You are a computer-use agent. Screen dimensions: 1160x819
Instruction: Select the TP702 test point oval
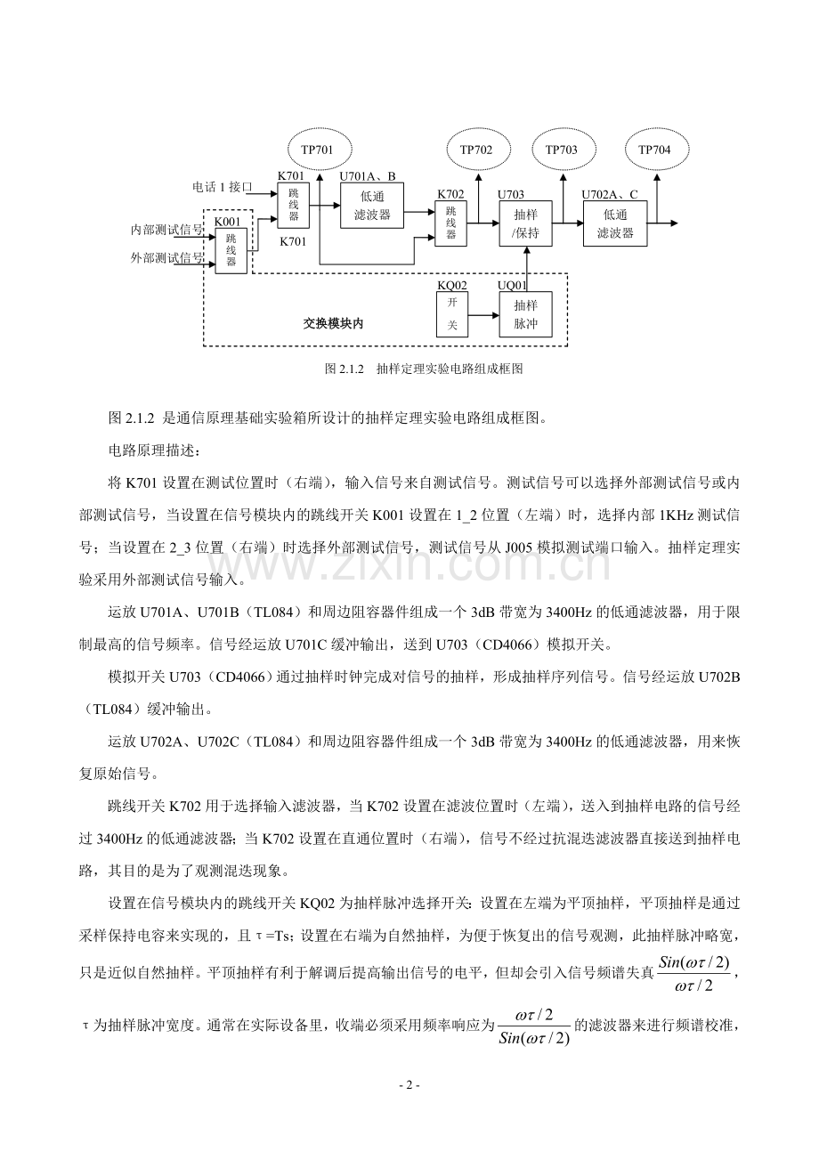point(476,150)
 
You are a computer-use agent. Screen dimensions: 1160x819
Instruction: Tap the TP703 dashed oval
point(561,150)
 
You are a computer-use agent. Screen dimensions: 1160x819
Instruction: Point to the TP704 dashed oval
point(654,150)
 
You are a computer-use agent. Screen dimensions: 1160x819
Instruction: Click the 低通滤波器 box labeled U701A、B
point(372,207)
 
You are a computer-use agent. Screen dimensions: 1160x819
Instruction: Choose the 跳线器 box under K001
point(231,250)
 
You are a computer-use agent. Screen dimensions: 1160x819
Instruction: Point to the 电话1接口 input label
point(223,188)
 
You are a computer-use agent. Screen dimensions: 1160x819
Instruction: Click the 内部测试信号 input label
point(166,230)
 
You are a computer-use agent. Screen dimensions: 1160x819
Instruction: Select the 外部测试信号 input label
point(166,259)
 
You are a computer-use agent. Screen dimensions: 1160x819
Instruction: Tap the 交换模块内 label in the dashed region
point(333,323)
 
